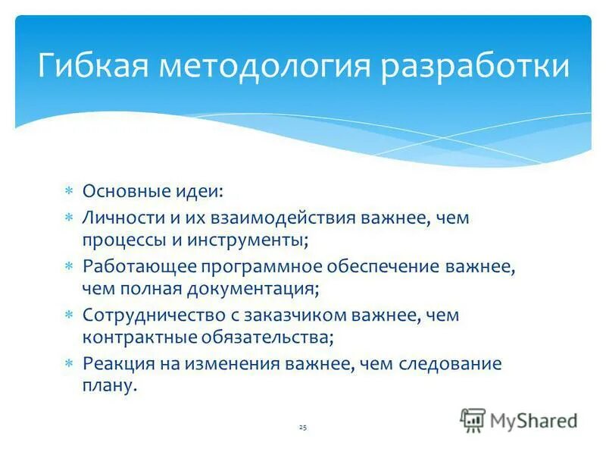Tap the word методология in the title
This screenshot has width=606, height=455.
(x=265, y=66)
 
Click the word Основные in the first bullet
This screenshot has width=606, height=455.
(x=119, y=193)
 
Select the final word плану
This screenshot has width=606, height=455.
(x=111, y=386)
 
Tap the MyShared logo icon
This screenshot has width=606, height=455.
(x=473, y=419)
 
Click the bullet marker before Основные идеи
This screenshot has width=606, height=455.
(x=67, y=193)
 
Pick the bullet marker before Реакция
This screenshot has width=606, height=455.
(x=67, y=363)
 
